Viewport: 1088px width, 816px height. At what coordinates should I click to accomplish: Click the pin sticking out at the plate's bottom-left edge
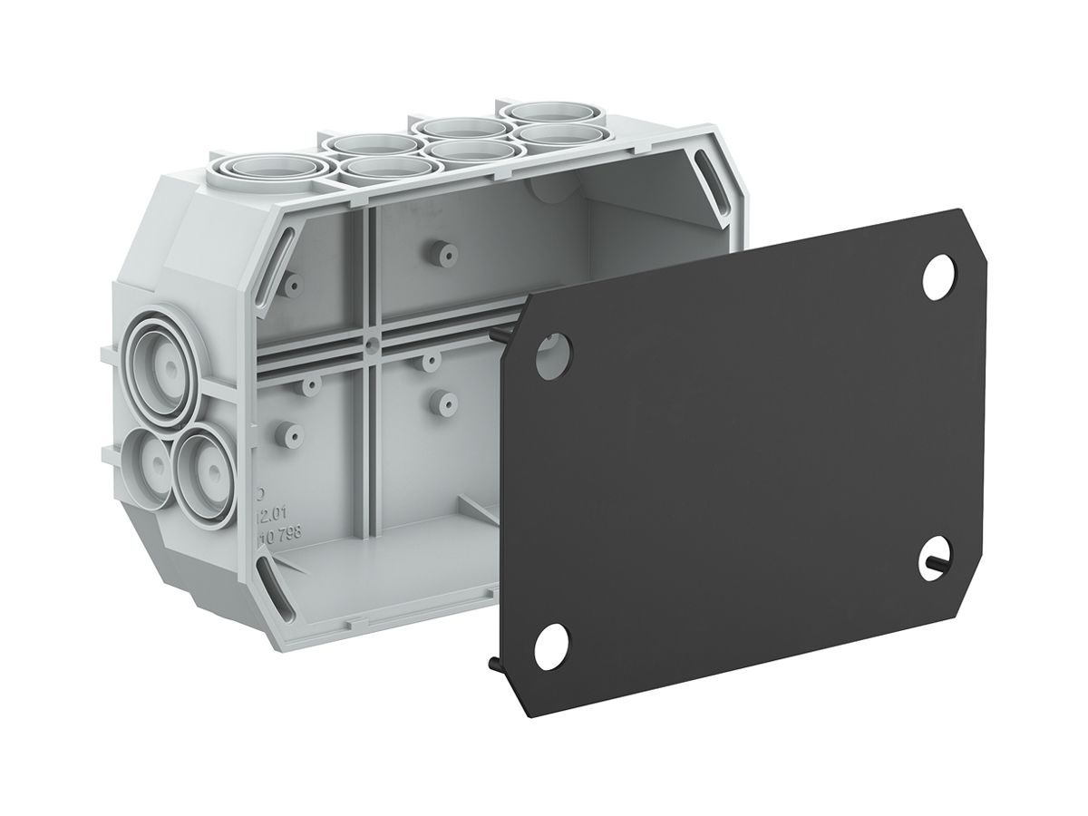498,665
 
